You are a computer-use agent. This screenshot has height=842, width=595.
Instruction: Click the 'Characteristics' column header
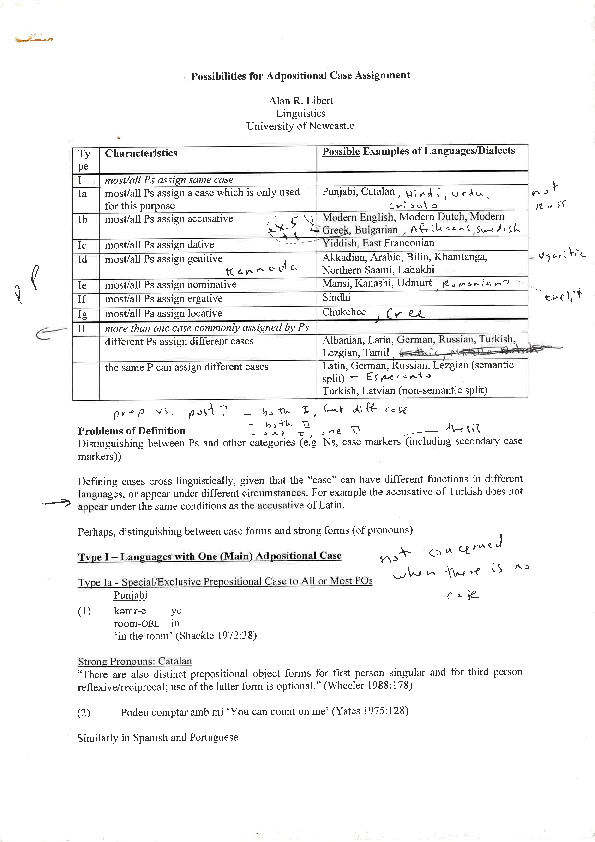140,153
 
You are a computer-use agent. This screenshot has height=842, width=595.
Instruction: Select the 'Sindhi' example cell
336,298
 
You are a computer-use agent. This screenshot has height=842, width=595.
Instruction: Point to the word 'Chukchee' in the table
343,312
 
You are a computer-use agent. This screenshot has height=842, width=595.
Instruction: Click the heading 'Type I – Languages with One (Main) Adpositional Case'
209,556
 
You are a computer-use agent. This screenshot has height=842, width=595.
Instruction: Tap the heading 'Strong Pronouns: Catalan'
134,662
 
